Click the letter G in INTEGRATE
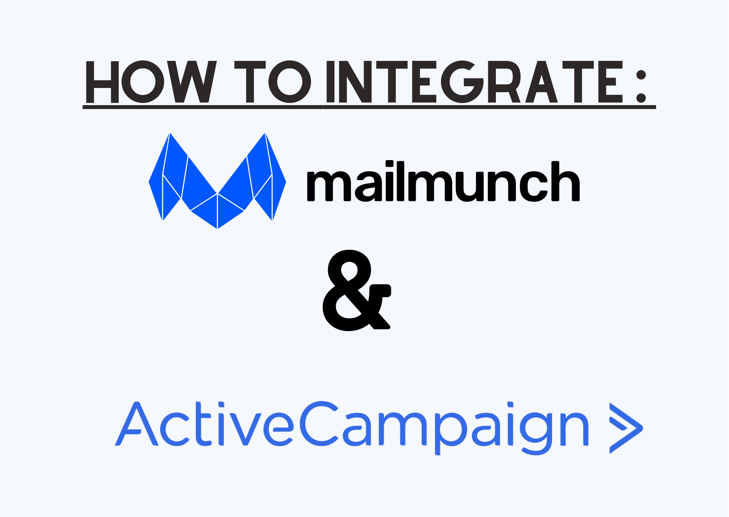[463, 82]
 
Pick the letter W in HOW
[192, 82]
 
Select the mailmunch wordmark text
[443, 182]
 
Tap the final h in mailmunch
[566, 181]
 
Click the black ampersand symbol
[357, 290]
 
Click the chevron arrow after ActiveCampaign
[626, 428]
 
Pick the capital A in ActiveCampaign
[136, 424]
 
